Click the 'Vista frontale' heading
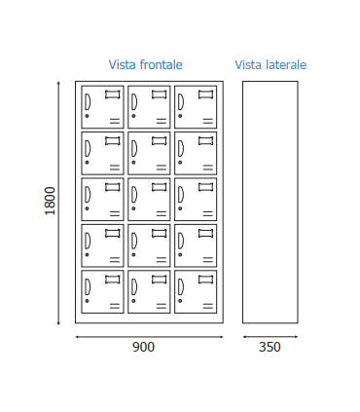pyautogui.click(x=145, y=65)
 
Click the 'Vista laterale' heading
pyautogui.click(x=270, y=65)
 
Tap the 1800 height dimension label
pyautogui.click(x=51, y=201)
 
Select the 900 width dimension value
pyautogui.click(x=143, y=347)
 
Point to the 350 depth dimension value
pyautogui.click(x=270, y=347)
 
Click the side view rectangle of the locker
pyautogui.click(x=270, y=202)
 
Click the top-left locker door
pyautogui.click(x=102, y=107)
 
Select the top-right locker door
pyautogui.click(x=196, y=107)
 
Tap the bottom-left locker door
pyautogui.click(x=102, y=291)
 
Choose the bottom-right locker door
pyautogui.click(x=196, y=291)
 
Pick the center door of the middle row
pyautogui.click(x=149, y=199)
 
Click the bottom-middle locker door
pyautogui.click(x=149, y=291)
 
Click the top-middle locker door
pyautogui.click(x=149, y=107)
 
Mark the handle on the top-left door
pyautogui.click(x=88, y=101)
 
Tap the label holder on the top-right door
pyautogui.click(x=205, y=94)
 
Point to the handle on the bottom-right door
pyautogui.click(x=181, y=286)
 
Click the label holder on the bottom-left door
pyautogui.click(x=113, y=280)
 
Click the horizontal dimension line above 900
pyautogui.click(x=149, y=337)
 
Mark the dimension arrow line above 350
pyautogui.click(x=270, y=337)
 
